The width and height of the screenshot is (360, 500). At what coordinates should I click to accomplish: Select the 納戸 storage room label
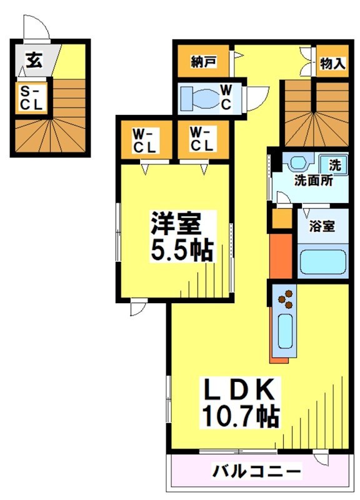pyautogui.click(x=203, y=62)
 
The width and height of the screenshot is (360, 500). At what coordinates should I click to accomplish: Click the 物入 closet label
pyautogui.click(x=332, y=63)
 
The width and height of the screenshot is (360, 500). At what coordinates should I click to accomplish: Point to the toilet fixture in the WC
pyautogui.click(x=202, y=99)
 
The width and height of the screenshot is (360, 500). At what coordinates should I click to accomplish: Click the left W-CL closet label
pyautogui.click(x=144, y=139)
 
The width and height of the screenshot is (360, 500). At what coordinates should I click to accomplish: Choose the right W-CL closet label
pyautogui.click(x=202, y=139)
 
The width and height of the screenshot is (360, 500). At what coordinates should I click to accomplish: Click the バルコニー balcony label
pyautogui.click(x=255, y=470)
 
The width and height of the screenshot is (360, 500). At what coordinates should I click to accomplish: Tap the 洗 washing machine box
pyautogui.click(x=334, y=166)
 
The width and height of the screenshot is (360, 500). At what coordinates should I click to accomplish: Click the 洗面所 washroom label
pyautogui.click(x=313, y=182)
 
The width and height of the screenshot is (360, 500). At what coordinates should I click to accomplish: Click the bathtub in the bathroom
pyautogui.click(x=322, y=263)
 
